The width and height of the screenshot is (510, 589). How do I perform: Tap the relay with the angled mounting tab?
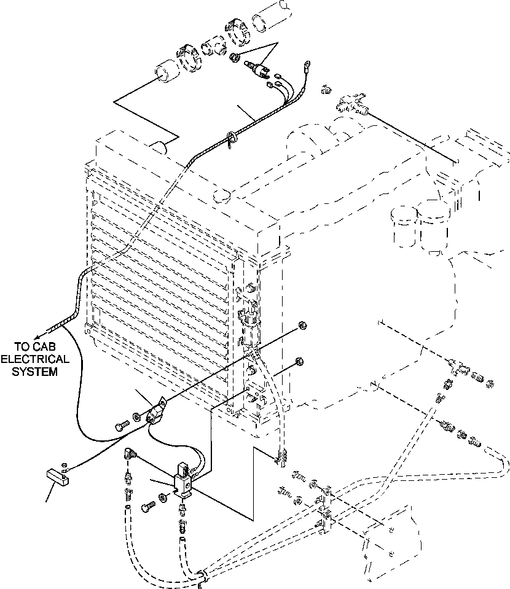pyautogui.click(x=159, y=409)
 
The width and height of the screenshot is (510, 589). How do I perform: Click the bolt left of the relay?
pyautogui.click(x=120, y=424)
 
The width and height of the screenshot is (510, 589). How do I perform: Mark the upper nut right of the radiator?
pyautogui.click(x=302, y=325)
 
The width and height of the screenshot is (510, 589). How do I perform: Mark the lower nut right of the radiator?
pyautogui.click(x=300, y=361)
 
